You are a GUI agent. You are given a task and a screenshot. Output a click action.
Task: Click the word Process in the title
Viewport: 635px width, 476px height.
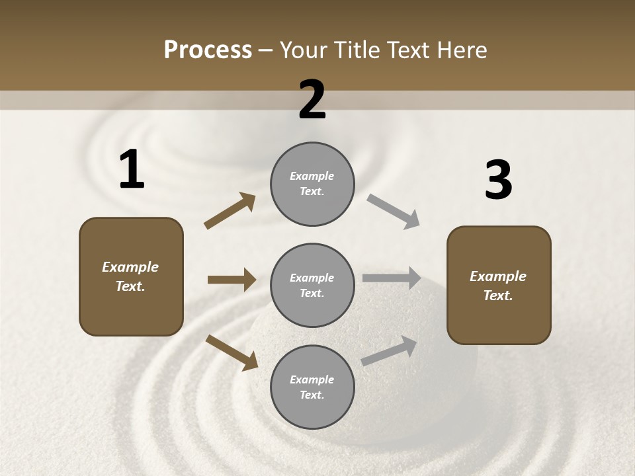[x=208, y=50]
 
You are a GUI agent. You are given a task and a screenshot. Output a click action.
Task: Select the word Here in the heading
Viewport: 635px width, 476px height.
[x=460, y=50]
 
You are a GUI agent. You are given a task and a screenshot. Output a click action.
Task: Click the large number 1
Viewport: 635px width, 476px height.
[x=132, y=170]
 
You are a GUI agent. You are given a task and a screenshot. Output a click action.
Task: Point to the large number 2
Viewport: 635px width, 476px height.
[x=312, y=100]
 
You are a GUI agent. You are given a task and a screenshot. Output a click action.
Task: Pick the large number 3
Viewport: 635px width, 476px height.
[x=498, y=180]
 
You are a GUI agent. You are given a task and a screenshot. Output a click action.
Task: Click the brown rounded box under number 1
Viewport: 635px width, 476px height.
[x=131, y=276]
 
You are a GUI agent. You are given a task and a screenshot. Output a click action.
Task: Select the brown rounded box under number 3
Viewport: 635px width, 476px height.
[x=499, y=285]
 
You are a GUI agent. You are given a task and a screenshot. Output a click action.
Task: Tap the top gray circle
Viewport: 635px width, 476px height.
[x=312, y=184]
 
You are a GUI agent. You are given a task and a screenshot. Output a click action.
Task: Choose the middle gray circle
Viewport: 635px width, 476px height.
[x=312, y=285]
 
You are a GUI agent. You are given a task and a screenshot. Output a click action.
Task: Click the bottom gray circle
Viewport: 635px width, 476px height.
[x=312, y=387]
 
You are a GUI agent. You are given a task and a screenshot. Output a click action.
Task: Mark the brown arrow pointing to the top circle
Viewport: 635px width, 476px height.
[x=230, y=211]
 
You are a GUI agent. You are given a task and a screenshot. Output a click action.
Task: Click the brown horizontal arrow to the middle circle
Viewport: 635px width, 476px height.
[x=232, y=280]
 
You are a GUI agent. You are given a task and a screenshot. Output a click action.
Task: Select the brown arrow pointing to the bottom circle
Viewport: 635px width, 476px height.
[x=232, y=352]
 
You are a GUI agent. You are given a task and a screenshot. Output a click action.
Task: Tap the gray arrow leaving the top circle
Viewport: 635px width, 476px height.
[x=394, y=212]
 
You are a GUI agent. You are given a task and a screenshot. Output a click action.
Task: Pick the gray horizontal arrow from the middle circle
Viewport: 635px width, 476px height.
[x=392, y=278]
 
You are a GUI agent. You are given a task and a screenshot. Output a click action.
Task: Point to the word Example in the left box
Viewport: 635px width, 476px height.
[x=130, y=267]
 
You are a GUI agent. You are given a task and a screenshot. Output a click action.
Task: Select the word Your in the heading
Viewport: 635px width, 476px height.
[x=304, y=50]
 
